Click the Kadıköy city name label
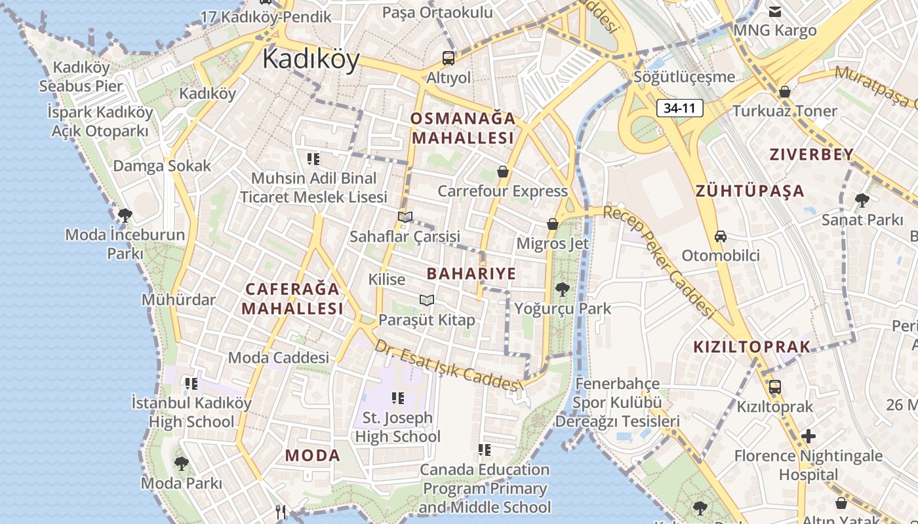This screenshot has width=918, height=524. coord(311,60)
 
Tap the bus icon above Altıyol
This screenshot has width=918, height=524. coord(449,58)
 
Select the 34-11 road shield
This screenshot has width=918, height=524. coord(679,108)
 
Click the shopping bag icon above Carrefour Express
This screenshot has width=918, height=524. coord(502,172)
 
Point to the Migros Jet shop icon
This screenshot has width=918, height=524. coord(553,224)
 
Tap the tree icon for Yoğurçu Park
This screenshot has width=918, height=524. coord(562,289)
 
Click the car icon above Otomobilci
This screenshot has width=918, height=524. coord(720,236)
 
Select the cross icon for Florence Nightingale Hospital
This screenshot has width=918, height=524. coord(808,436)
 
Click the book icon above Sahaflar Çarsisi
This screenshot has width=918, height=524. coord(405,217)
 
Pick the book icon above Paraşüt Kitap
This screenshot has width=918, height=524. coord(427,300)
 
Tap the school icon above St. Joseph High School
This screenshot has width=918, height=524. coord(397,398)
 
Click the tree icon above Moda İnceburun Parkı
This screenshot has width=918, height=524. coord(125,215)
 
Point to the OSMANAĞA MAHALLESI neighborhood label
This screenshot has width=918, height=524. coord(463,128)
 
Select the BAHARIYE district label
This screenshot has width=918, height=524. coord(471,273)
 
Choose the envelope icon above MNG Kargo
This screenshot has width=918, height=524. coord(774,11)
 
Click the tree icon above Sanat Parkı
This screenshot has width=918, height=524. coord(862,200)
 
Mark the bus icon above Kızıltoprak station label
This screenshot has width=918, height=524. coord(774,386)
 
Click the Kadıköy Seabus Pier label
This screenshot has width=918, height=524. coord(81,77)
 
